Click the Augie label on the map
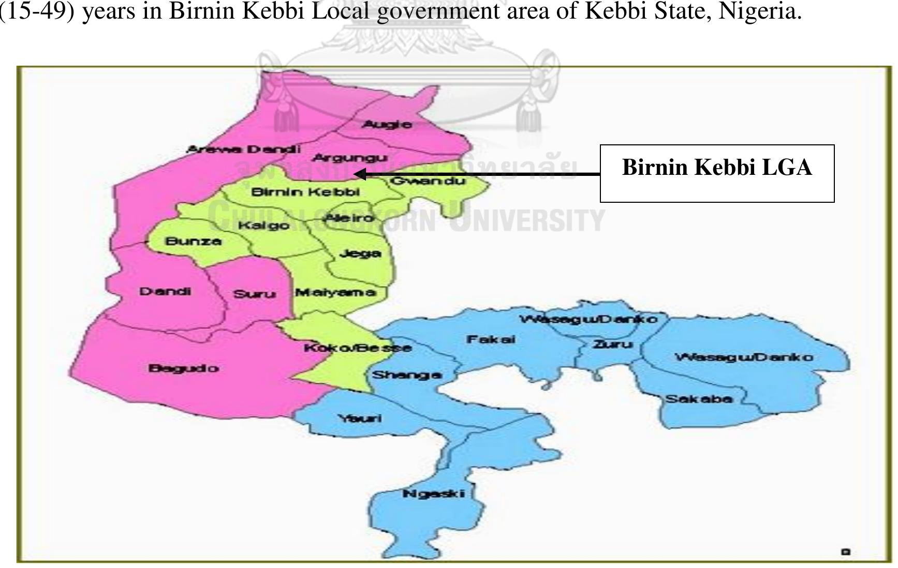pos(387,124)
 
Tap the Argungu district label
pos(350,158)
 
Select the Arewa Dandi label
pos(243,150)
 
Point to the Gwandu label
pos(428,181)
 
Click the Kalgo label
pos(263,226)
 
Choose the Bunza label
pos(193,241)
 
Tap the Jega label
pos(360,253)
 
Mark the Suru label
pos(254,294)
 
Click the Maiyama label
pos(335,292)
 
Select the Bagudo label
pos(183,368)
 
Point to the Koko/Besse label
pos(358,348)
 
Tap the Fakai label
pos(491,339)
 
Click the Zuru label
pos(613,344)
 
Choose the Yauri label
pos(360,418)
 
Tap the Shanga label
pos(407,375)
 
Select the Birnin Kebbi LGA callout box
pos(717,173)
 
